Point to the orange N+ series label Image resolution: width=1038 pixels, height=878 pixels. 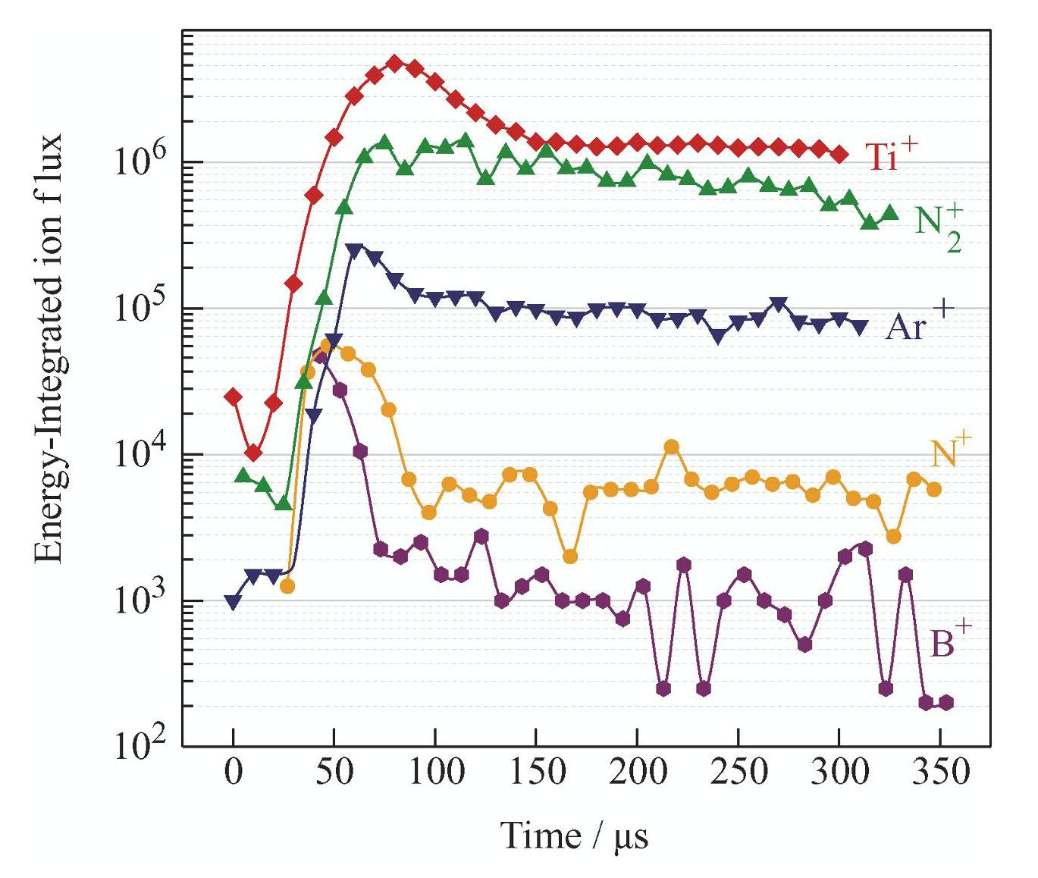(x=951, y=453)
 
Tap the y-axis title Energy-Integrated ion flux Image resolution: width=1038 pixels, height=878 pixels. (x=49, y=348)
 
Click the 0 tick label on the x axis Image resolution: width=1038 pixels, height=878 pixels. (x=233, y=772)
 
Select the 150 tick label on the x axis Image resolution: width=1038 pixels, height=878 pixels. (x=537, y=772)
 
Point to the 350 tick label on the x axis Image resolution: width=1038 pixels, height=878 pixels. (x=941, y=772)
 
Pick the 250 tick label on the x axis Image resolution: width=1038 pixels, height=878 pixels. (x=739, y=772)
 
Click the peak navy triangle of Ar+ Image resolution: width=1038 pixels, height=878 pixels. (x=355, y=251)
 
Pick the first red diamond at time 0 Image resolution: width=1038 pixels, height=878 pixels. (x=233, y=397)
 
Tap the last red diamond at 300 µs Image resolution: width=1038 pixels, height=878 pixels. (x=839, y=155)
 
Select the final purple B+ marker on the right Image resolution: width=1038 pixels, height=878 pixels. (x=946, y=703)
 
